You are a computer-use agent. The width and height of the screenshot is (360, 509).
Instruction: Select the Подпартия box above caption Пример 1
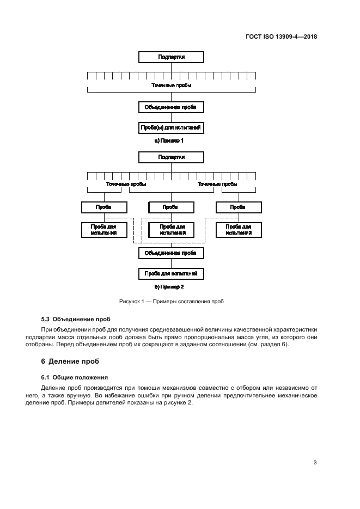pyautogui.click(x=171, y=57)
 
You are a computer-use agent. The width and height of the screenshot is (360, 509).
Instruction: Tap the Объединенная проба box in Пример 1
pyautogui.click(x=171, y=107)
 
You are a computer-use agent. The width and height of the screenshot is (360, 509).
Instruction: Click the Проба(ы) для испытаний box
pyautogui.click(x=171, y=128)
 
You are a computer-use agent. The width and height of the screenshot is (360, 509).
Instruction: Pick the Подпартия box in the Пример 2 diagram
pyautogui.click(x=171, y=157)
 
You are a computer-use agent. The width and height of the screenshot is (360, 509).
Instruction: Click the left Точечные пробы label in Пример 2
pyautogui.click(x=125, y=184)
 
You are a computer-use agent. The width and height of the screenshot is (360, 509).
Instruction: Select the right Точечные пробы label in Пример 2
pyautogui.click(x=217, y=184)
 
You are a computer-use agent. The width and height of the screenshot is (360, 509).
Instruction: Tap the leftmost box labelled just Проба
pyautogui.click(x=104, y=207)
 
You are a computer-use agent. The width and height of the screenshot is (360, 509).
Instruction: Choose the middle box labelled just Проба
pyautogui.click(x=171, y=207)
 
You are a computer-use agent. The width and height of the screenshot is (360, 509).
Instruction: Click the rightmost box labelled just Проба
pyautogui.click(x=238, y=207)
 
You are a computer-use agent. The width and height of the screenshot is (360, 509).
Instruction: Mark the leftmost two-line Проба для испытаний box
pyautogui.click(x=104, y=229)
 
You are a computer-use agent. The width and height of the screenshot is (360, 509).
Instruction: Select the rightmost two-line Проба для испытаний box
pyautogui.click(x=238, y=229)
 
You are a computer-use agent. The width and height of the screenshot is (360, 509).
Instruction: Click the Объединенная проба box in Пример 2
pyautogui.click(x=171, y=253)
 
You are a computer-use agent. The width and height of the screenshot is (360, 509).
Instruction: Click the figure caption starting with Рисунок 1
pyautogui.click(x=172, y=301)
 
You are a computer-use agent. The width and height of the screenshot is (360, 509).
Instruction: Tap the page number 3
pyautogui.click(x=315, y=463)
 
